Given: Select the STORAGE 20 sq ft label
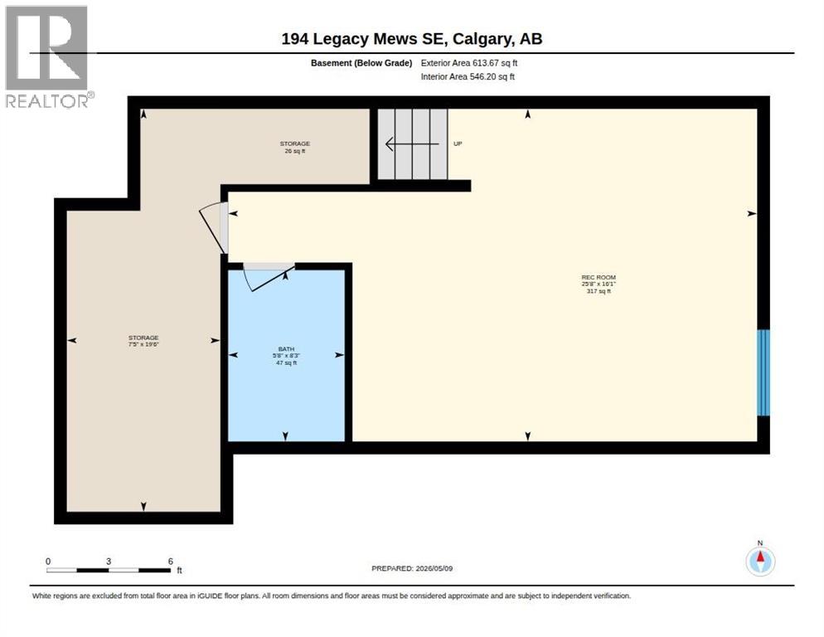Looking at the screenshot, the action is [x=295, y=148].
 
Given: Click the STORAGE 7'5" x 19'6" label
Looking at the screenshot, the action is [x=143, y=341].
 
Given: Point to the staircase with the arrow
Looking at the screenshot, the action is [x=413, y=143].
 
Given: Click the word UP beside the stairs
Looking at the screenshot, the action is [x=458, y=143].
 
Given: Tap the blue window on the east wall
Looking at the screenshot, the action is [x=763, y=372].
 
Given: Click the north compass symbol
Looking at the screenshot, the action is [x=760, y=561].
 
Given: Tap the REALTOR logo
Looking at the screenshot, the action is [x=48, y=56].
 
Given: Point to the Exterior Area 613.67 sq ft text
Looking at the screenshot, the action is [x=469, y=63].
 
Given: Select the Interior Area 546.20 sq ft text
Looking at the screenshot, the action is [x=468, y=77].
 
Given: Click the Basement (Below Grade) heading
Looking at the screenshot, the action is [x=361, y=63].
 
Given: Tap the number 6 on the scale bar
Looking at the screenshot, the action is [x=170, y=562].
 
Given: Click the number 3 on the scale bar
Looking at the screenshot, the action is [x=109, y=562].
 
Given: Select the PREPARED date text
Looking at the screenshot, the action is [x=412, y=569].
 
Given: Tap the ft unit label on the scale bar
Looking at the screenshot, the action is [x=179, y=571].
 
